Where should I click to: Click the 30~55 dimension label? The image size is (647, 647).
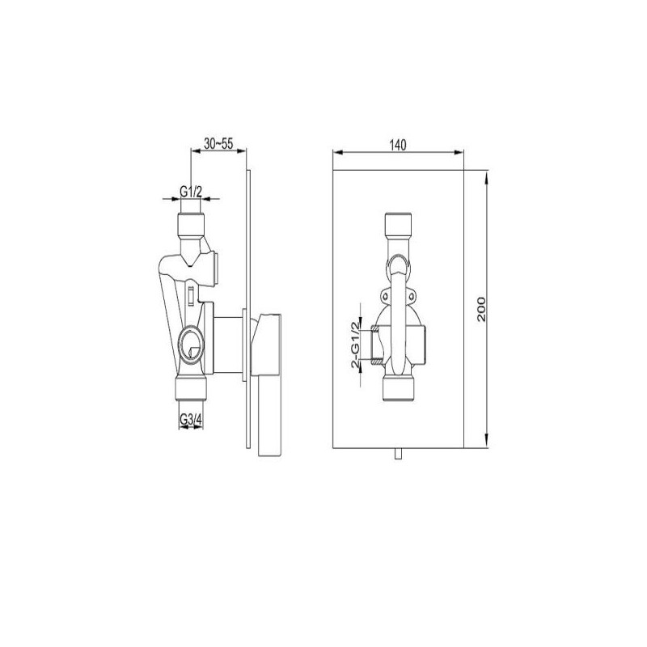tap(219, 143)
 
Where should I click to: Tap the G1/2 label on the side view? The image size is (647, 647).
tap(191, 192)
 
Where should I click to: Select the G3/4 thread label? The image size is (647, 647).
tap(191, 419)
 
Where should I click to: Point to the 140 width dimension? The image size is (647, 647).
tap(397, 145)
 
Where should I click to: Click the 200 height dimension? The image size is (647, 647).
tap(482, 309)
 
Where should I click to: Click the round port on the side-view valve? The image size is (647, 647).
tap(191, 345)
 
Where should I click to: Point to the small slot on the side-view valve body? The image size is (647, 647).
tap(190, 294)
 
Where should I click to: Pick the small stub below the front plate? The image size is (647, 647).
tap(398, 456)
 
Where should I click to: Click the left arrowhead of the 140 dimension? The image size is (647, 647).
tap(337, 153)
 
